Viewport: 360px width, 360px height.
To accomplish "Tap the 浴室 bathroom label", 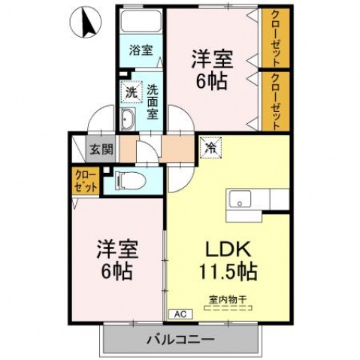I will point(141,51).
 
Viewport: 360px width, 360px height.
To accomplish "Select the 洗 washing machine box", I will point(131,94).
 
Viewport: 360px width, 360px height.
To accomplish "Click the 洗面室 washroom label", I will point(152,101).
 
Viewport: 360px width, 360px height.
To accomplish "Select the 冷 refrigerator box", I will point(210,147).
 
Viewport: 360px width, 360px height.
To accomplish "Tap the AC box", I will point(179,313).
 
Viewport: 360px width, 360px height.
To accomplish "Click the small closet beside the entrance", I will point(85,181).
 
